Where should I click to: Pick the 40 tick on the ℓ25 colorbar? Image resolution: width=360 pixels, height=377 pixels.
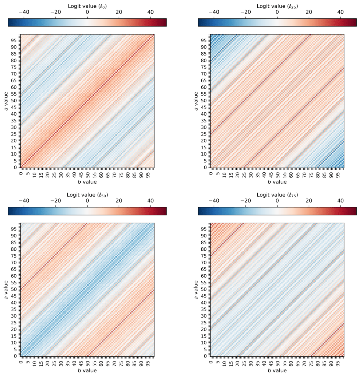pyautogui.click(x=340, y=12)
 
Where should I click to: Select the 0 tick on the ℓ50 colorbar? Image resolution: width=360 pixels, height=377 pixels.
pyautogui.click(x=87, y=201)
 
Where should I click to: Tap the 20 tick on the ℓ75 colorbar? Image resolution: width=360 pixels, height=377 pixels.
pyautogui.click(x=309, y=201)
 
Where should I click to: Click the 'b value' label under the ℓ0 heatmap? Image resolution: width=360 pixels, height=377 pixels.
pyautogui.click(x=87, y=182)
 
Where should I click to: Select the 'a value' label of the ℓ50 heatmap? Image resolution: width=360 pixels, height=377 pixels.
pyautogui.click(x=6, y=290)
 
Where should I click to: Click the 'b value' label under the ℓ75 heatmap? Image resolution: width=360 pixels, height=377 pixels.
pyautogui.click(x=277, y=370)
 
